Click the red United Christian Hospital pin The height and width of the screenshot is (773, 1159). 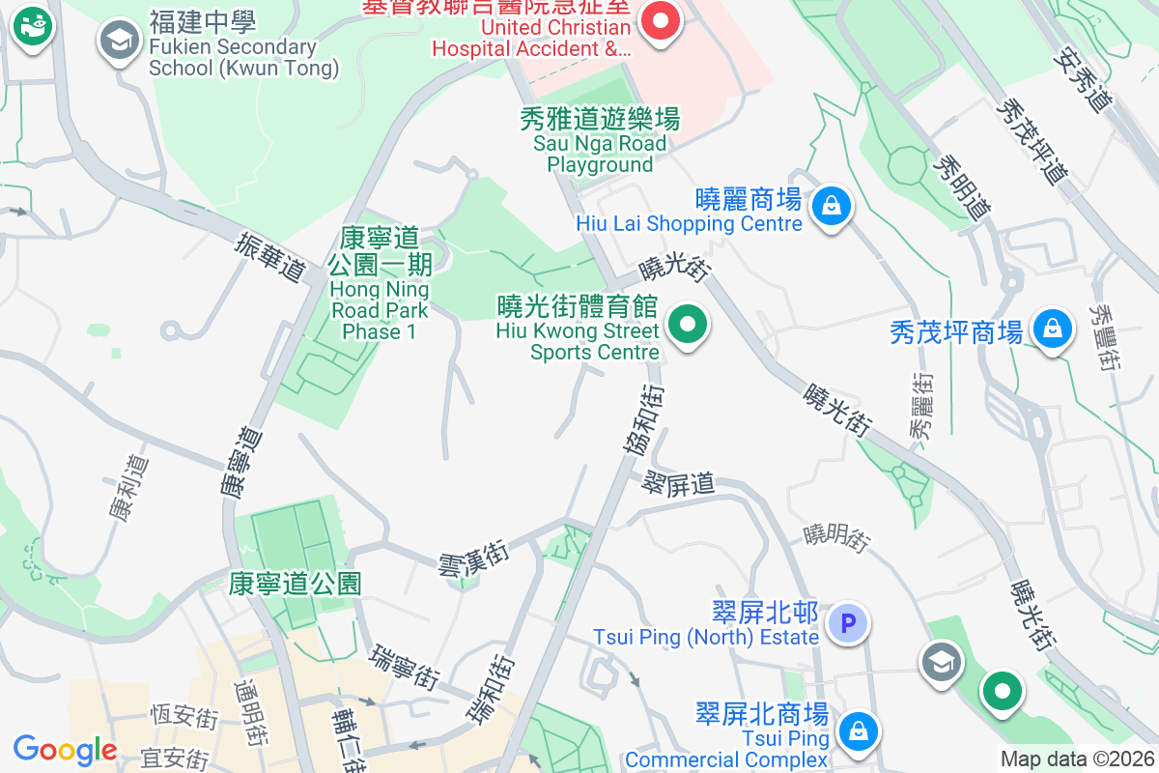(662, 20)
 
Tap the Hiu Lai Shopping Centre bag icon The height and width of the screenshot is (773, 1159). (830, 206)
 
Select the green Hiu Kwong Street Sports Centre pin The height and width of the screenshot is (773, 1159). (688, 326)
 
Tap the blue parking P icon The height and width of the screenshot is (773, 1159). (850, 623)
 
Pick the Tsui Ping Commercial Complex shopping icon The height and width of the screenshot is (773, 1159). (858, 731)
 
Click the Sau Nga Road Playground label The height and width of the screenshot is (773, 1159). (600, 142)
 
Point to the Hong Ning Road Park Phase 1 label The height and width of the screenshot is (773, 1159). (379, 285)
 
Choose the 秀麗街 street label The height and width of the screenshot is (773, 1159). (921, 407)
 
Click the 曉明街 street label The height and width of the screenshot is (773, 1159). (837, 534)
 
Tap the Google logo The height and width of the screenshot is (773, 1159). (65, 749)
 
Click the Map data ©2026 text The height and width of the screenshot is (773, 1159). (1076, 759)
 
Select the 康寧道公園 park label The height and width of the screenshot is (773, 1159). (296, 583)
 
